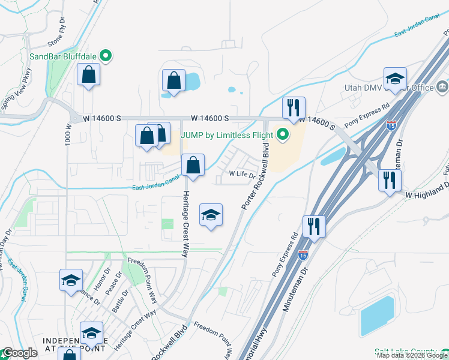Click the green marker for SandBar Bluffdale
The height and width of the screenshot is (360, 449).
point(106,57)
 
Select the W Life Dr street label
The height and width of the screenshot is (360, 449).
point(243,174)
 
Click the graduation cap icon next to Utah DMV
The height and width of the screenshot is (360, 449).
point(395,79)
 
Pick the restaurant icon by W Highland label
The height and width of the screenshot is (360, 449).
point(390,180)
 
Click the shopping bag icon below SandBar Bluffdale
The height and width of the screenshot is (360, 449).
point(89,75)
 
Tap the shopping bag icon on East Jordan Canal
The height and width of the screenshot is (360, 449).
point(193,166)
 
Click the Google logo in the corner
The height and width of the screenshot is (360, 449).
point(19,353)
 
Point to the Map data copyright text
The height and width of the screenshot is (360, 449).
point(412,355)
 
